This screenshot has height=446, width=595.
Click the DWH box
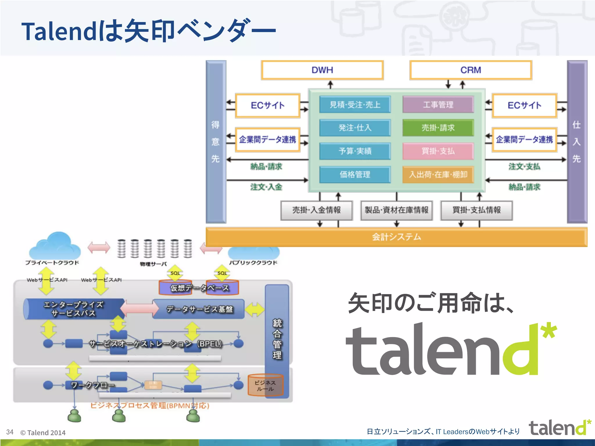tap(322, 70)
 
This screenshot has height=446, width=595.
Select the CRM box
tap(471, 70)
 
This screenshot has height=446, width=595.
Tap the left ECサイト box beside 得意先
tap(267, 105)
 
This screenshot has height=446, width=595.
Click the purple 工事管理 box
tap(438, 105)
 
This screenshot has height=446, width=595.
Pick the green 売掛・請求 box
tap(438, 128)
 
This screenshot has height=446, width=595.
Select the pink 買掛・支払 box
tap(438, 151)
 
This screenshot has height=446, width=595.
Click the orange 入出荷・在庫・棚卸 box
tap(438, 175)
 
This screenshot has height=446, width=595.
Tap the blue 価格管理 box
tap(355, 175)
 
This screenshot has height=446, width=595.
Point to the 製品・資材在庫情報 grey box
tap(397, 210)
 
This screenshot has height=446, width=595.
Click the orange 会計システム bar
tap(397, 237)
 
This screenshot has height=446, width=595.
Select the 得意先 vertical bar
tap(216, 142)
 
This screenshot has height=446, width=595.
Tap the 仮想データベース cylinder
tap(199, 288)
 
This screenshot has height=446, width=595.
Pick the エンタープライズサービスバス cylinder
tap(74, 309)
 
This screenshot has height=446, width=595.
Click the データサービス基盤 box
tap(199, 309)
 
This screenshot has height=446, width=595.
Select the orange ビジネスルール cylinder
tap(265, 385)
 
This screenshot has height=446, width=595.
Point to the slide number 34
tap(10, 432)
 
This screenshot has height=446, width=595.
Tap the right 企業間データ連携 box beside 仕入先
tap(524, 140)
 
